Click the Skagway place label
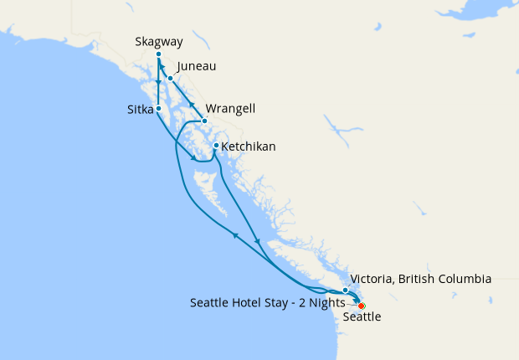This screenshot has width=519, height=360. (158, 41)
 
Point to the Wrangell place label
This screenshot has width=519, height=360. (230, 109)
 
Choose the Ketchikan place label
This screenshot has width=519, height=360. (249, 147)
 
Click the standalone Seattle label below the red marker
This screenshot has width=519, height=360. (362, 317)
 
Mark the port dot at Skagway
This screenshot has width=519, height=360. (158, 54)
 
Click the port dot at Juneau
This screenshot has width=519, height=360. (170, 79)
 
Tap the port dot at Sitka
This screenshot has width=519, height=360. (158, 108)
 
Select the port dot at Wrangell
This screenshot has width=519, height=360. (204, 121)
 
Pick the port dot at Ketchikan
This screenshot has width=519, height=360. (216, 147)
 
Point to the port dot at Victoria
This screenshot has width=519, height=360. (346, 291)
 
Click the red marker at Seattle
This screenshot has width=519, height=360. (361, 306)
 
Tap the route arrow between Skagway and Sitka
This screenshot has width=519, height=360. (158, 84)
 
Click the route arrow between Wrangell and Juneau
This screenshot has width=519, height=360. (191, 105)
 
